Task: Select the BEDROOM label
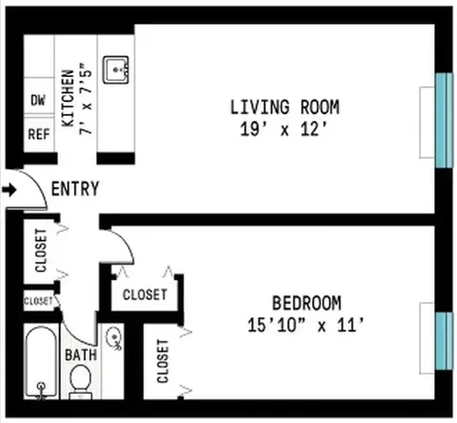(x=306, y=303)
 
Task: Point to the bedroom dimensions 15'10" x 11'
(x=306, y=324)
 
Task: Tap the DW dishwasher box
(x=38, y=100)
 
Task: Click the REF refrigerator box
(x=38, y=135)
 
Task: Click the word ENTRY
(x=75, y=189)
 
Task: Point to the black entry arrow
(x=9, y=190)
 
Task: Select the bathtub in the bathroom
(x=41, y=364)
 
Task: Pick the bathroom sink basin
(x=112, y=336)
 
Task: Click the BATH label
(x=79, y=356)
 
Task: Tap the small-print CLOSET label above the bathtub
(x=38, y=300)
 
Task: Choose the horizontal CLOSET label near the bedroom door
(x=146, y=295)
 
